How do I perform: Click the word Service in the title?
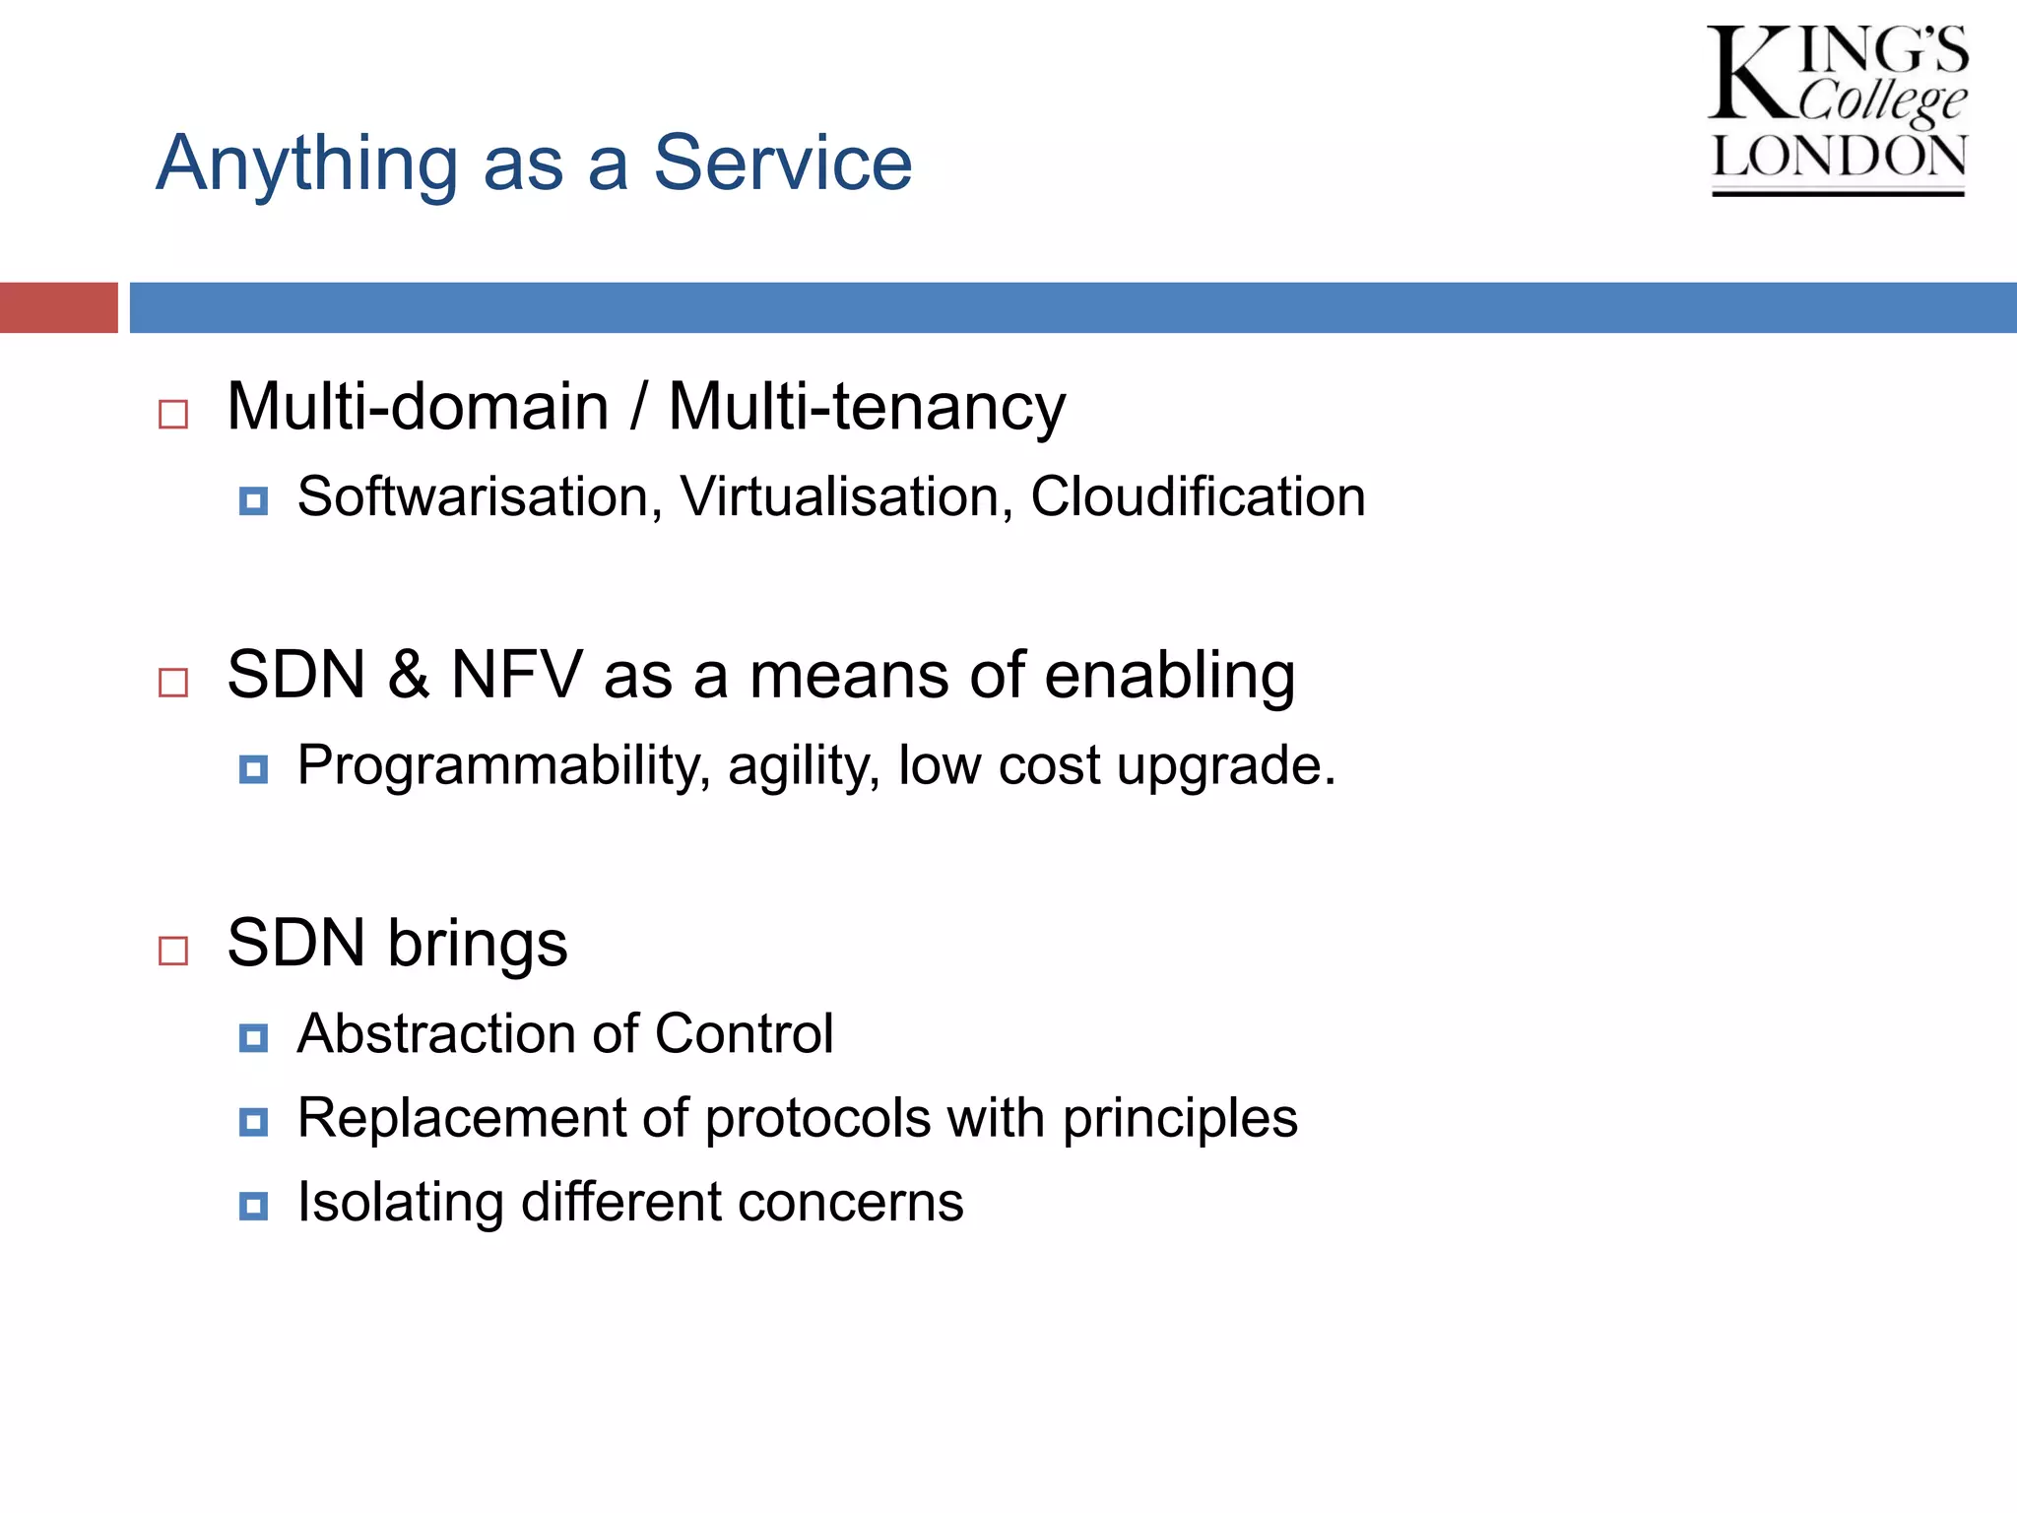pyautogui.click(x=783, y=164)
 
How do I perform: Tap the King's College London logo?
pyautogui.click(x=1837, y=108)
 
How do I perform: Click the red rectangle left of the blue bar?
pyautogui.click(x=58, y=307)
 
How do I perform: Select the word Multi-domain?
pyautogui.click(x=418, y=407)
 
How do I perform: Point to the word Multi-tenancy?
pyautogui.click(x=867, y=407)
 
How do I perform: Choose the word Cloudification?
pyautogui.click(x=1198, y=496)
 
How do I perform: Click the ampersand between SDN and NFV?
pyautogui.click(x=408, y=676)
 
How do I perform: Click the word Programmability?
pyautogui.click(x=502, y=766)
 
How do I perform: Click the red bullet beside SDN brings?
pyautogui.click(x=173, y=951)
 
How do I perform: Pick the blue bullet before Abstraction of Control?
pyautogui.click(x=253, y=1037)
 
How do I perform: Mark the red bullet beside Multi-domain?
pyautogui.click(x=173, y=414)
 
